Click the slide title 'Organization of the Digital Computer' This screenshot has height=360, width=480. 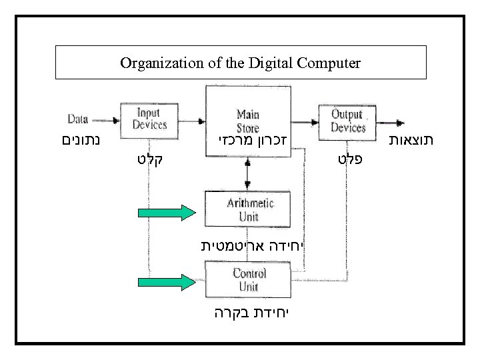pyautogui.click(x=240, y=63)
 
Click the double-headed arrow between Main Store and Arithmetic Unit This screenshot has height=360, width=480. pyautogui.click(x=247, y=175)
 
